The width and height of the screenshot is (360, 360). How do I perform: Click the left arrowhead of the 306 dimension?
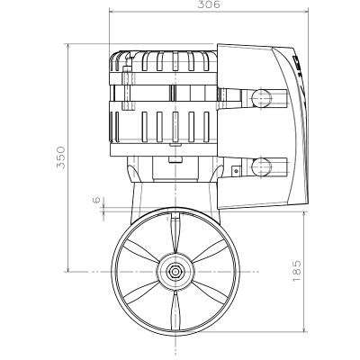(112, 13)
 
